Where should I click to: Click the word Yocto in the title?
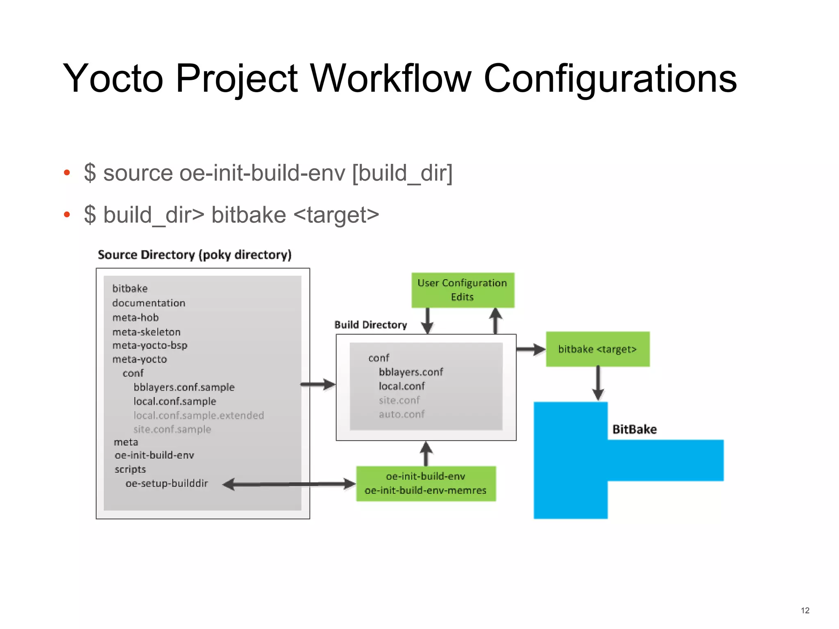click(x=113, y=79)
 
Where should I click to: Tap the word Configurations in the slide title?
click(x=610, y=79)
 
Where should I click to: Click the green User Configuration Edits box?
click(x=463, y=290)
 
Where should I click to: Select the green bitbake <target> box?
click(x=597, y=349)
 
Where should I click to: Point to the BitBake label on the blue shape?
click(x=634, y=429)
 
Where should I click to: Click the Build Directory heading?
click(x=370, y=325)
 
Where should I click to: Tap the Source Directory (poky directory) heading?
click(x=195, y=255)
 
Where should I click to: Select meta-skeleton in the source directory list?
click(x=146, y=332)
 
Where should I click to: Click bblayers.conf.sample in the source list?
click(x=184, y=387)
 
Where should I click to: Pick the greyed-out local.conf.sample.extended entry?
click(x=199, y=415)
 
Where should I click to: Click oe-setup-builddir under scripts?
click(x=167, y=483)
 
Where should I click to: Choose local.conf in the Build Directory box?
click(x=401, y=386)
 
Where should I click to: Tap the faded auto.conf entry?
click(x=401, y=414)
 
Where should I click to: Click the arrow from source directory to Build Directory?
click(x=318, y=385)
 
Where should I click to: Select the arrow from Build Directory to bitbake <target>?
click(x=531, y=349)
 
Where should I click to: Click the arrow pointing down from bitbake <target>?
click(x=598, y=383)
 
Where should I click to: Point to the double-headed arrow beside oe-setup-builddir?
click(x=289, y=484)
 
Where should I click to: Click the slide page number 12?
click(x=805, y=611)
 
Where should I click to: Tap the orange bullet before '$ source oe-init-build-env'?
click(x=67, y=172)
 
